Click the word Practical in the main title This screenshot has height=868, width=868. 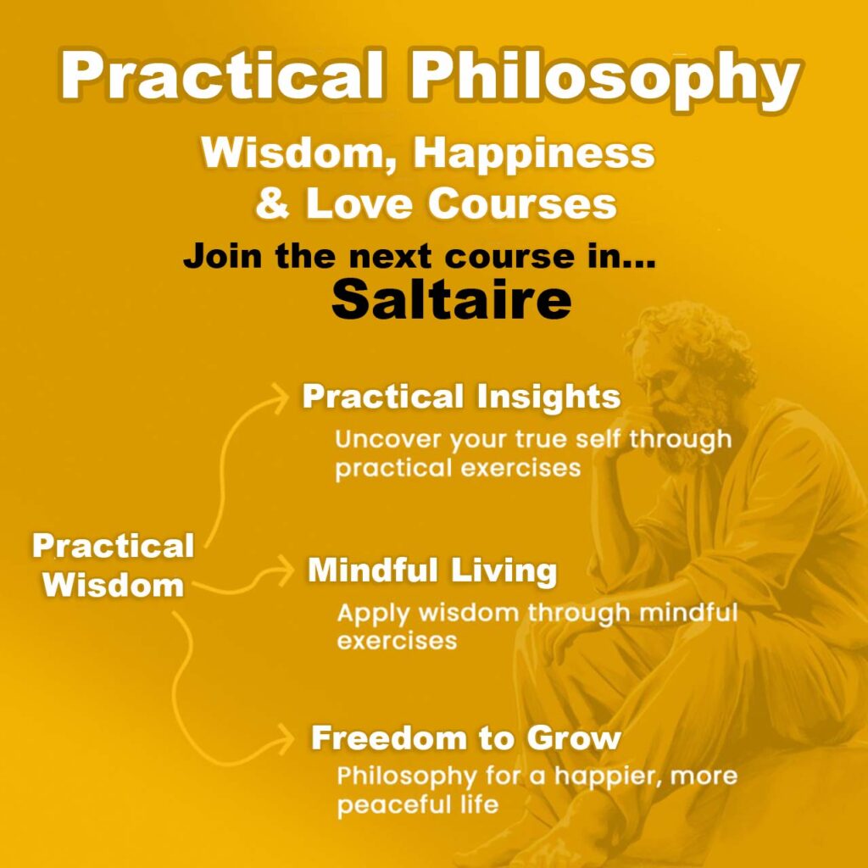[x=221, y=75]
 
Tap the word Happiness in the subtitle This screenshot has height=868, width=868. [x=534, y=154]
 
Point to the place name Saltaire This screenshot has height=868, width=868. [x=451, y=299]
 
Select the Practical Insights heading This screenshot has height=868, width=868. [x=461, y=398]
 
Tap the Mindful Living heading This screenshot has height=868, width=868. [x=432, y=570]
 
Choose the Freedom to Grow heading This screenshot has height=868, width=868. [x=465, y=737]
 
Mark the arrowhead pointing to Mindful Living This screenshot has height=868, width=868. [x=283, y=570]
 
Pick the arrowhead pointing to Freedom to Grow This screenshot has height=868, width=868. [x=284, y=737]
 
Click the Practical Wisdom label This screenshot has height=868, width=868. [x=114, y=565]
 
